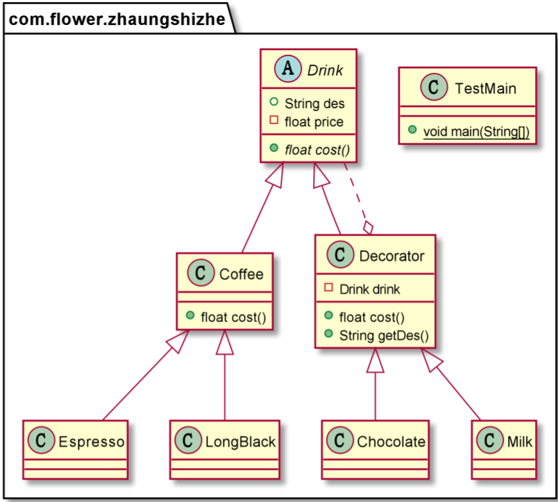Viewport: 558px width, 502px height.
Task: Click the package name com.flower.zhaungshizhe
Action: pos(117,19)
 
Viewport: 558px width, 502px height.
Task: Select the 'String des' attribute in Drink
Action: pos(314,104)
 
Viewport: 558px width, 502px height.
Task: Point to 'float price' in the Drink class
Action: pos(314,122)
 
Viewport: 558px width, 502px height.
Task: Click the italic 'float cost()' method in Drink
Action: pos(316,149)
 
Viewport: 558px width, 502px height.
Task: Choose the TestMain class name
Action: pos(485,88)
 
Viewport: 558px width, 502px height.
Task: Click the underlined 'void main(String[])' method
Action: pos(475,132)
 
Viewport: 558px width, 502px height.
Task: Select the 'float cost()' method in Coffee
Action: pos(234,317)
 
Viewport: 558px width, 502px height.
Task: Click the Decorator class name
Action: pos(391,256)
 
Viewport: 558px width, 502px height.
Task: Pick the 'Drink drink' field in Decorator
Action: pos(369,289)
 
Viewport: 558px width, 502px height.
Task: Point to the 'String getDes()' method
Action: pos(384,336)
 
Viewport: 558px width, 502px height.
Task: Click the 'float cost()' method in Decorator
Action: pos(372,318)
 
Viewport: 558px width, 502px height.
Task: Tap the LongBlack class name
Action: pos(237,442)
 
